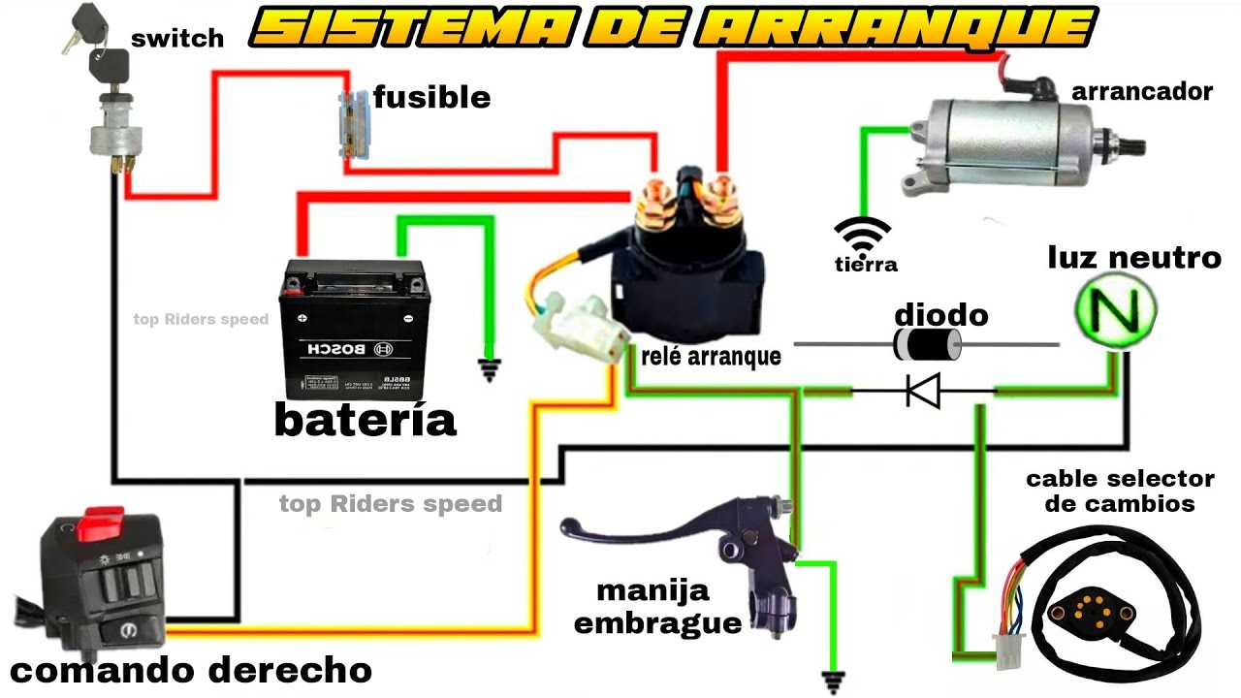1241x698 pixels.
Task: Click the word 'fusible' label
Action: [431, 98]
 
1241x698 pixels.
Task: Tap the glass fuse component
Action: [346, 124]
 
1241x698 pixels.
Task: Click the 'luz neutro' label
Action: [1133, 258]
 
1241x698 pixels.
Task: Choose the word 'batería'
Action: [365, 420]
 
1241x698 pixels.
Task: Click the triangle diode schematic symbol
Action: [921, 391]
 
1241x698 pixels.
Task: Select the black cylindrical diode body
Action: [925, 343]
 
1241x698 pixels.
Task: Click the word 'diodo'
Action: [940, 315]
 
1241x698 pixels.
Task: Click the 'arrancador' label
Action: [1142, 92]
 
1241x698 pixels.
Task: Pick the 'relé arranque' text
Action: [711, 357]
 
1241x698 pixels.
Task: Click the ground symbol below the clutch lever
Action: [831, 681]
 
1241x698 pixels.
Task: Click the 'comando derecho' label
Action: [190, 670]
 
